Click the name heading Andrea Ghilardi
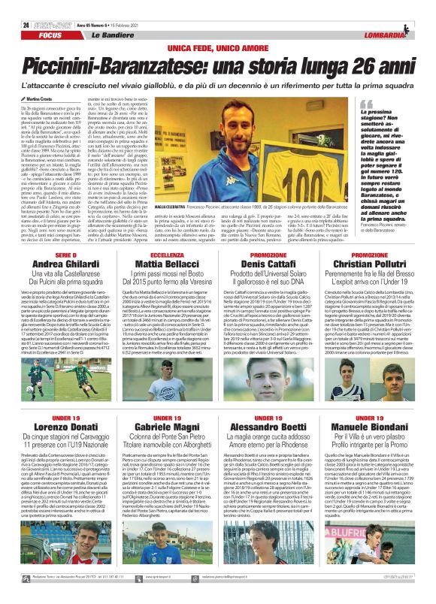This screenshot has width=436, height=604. [66, 264]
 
